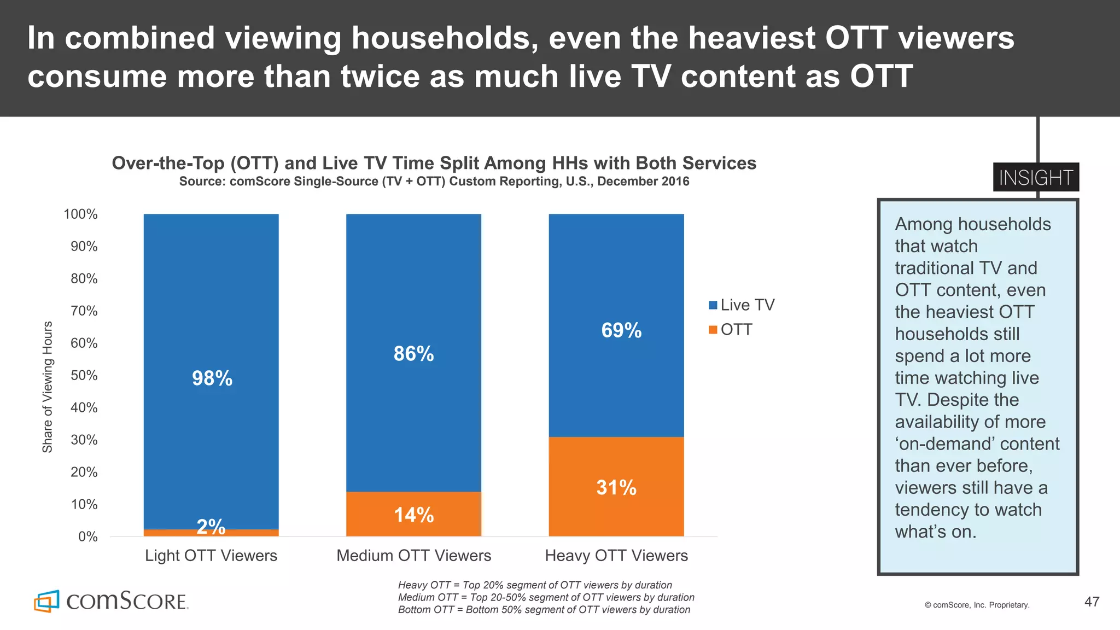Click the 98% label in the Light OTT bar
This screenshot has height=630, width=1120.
[x=212, y=378]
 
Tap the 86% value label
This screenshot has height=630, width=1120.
[x=413, y=354]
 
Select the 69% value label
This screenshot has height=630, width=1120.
[x=621, y=330]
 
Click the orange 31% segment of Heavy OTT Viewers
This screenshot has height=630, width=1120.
[x=616, y=487]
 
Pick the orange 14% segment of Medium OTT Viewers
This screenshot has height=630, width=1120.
[x=413, y=514]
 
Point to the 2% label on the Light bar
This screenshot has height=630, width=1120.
[x=211, y=527]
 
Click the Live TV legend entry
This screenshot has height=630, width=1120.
[x=742, y=305]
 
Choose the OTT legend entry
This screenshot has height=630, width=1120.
[x=731, y=330]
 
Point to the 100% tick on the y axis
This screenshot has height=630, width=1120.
[x=80, y=214]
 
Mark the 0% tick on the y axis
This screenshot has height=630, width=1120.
[x=87, y=536]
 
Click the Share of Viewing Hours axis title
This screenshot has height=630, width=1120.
[x=48, y=387]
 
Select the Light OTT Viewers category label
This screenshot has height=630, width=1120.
[x=211, y=556]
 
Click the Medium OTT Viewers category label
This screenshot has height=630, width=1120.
[x=413, y=556]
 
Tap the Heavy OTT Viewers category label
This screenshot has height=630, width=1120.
[x=616, y=556]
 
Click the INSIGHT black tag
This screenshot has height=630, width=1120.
[x=1036, y=178]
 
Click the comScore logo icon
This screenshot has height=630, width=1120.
[x=46, y=601]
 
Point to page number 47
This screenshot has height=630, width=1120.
[x=1092, y=602]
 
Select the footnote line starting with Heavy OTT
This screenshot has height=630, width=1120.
[x=535, y=585]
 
